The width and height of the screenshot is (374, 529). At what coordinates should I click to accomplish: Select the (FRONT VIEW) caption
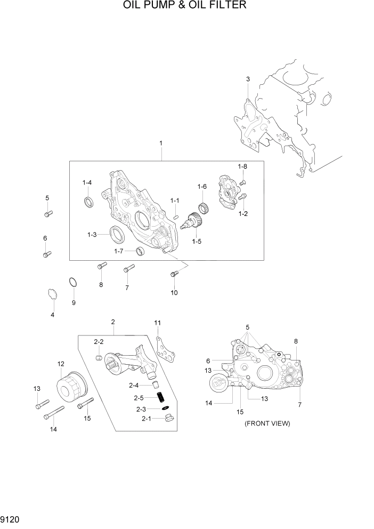[267, 423]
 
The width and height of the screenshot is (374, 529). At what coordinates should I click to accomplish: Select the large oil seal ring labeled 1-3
[117, 234]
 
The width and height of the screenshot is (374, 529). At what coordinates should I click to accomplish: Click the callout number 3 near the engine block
[248, 79]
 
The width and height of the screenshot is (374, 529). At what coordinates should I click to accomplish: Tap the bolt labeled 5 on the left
[47, 214]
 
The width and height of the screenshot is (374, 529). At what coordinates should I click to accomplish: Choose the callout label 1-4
[87, 183]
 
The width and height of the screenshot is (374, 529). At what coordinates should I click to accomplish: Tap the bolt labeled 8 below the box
[102, 265]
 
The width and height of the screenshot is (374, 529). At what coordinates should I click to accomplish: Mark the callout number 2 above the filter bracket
[113, 322]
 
